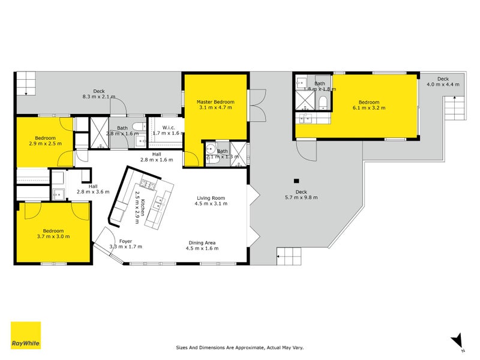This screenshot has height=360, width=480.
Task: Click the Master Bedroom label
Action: click(x=215, y=103)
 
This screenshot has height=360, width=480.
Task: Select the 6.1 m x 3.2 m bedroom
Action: click(x=368, y=105)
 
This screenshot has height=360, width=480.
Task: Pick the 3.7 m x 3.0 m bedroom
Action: click(x=53, y=233)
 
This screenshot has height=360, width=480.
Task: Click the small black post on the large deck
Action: click(x=296, y=181)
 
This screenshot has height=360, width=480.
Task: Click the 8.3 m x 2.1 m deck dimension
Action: click(x=98, y=96)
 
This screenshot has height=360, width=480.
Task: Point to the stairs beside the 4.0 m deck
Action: click(x=455, y=108)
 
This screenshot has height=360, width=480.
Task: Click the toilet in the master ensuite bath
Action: click(x=211, y=150)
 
